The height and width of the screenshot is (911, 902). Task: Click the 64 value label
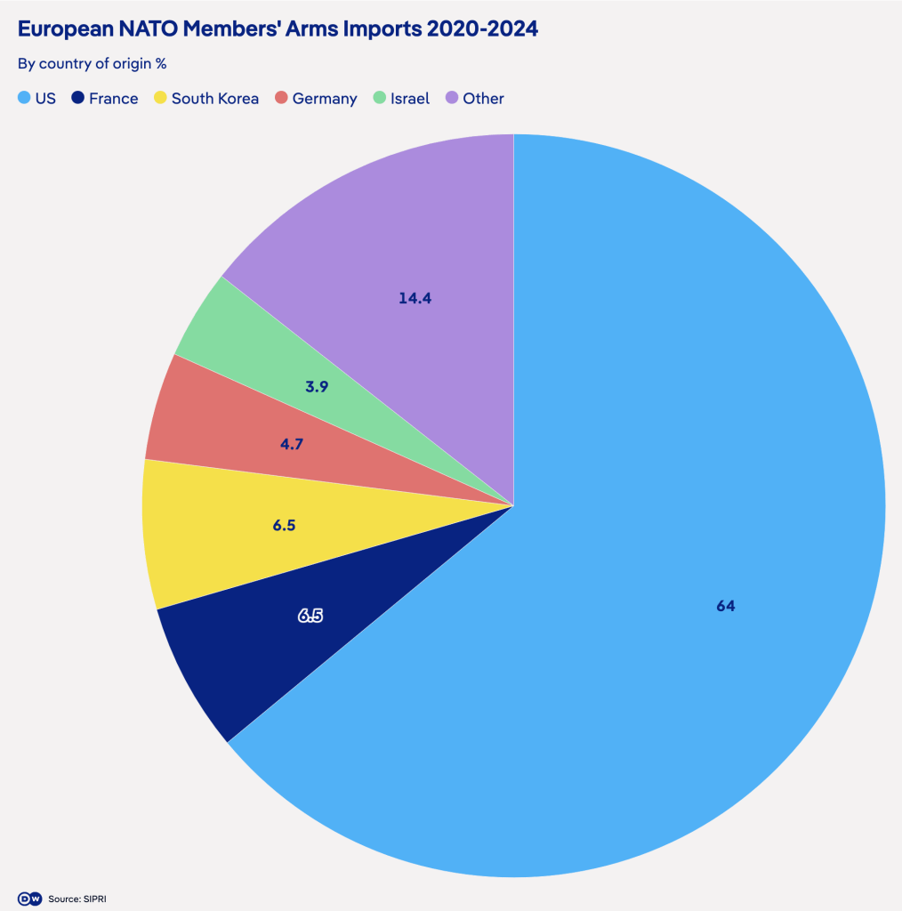click(x=726, y=606)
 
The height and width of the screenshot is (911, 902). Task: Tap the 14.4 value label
click(x=415, y=298)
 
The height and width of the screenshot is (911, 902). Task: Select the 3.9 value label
click(x=317, y=387)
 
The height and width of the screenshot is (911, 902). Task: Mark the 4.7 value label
click(x=292, y=443)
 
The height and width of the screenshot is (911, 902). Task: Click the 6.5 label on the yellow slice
click(x=284, y=526)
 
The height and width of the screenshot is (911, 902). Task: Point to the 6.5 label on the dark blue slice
click(x=310, y=614)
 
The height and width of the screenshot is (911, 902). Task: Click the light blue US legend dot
click(x=24, y=99)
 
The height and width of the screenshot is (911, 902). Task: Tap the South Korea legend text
click(x=214, y=99)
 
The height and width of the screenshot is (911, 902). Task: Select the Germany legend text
click(x=324, y=99)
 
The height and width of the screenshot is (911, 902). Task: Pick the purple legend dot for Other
click(x=452, y=99)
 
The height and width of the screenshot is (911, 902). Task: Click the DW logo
click(x=29, y=899)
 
